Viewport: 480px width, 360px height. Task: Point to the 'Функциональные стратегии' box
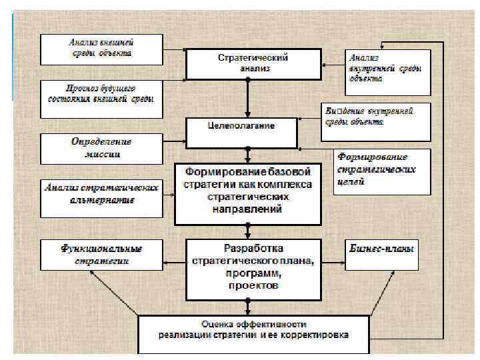pyautogui.click(x=101, y=255)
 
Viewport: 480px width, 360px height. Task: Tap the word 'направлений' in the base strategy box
pyautogui.click(x=248, y=209)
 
